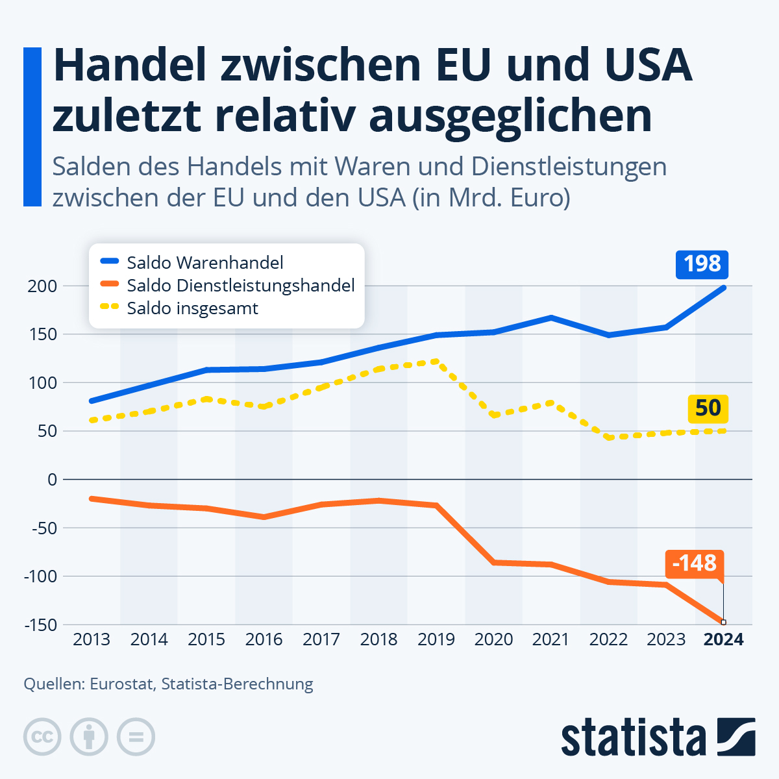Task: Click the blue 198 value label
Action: pos(702,264)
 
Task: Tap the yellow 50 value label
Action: pos(708,408)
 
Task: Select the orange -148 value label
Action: pos(694,563)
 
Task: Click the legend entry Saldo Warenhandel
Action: pos(205,263)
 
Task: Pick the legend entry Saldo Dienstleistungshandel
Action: pos(240,286)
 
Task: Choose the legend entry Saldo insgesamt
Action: pos(192,308)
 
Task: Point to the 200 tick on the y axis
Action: pos(43,286)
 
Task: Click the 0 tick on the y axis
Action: pos(52,480)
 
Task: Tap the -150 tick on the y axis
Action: pos(41,624)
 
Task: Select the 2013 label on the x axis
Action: pos(92,640)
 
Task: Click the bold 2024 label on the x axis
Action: pos(723,640)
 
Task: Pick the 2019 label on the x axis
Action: pos(436,640)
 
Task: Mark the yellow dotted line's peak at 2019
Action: pos(436,361)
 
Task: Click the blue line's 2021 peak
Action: pos(551,317)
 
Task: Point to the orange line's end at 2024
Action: pos(723,622)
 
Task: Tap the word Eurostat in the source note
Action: pos(121,684)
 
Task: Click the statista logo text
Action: pos(634,737)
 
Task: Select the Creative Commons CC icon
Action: pos(42,737)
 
